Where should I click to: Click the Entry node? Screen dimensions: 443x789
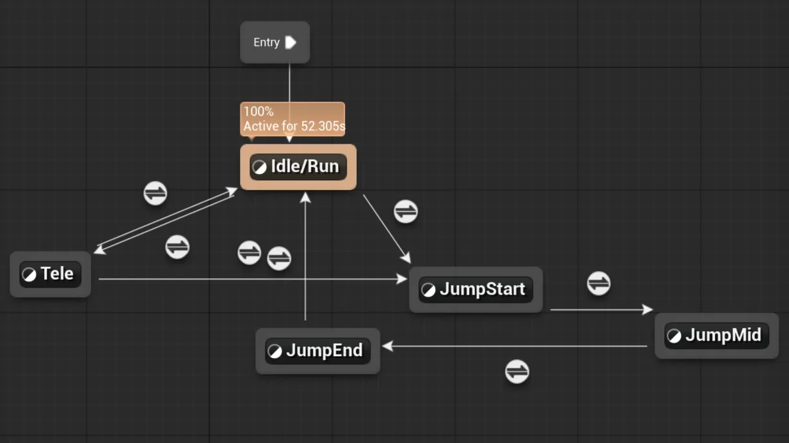pyautogui.click(x=275, y=42)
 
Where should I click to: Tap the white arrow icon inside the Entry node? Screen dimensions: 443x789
pyautogui.click(x=291, y=42)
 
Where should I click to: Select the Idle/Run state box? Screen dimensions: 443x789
pyautogui.click(x=298, y=167)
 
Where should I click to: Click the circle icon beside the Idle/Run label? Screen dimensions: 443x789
pyautogui.click(x=259, y=167)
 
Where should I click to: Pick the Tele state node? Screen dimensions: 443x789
pyautogui.click(x=51, y=274)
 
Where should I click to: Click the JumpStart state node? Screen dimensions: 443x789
pyautogui.click(x=475, y=290)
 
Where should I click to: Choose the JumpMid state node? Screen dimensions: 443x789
pyautogui.click(x=716, y=336)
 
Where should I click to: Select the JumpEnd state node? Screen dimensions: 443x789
pyautogui.click(x=317, y=351)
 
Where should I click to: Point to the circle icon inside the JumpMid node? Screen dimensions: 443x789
pyautogui.click(x=674, y=336)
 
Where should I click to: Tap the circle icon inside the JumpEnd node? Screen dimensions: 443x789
pyautogui.click(x=275, y=352)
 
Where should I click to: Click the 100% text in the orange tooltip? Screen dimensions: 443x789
pyautogui.click(x=259, y=111)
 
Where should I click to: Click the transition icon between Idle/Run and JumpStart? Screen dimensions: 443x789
pyautogui.click(x=406, y=212)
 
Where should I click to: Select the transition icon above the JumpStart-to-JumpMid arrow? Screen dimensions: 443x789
pyautogui.click(x=598, y=283)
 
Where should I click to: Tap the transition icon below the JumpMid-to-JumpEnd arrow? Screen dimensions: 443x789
pyautogui.click(x=517, y=371)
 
